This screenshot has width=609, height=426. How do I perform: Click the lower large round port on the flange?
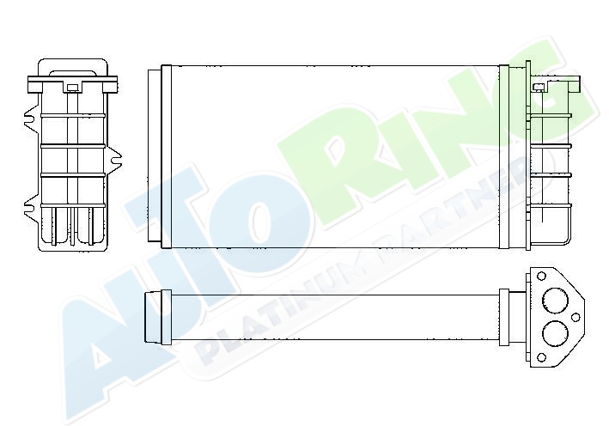555,333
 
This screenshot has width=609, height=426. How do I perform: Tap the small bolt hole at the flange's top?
541,277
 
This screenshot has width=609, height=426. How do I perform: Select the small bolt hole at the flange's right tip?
576,317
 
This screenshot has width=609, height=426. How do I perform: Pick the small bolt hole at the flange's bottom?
541,357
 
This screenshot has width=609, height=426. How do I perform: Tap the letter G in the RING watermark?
551,89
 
